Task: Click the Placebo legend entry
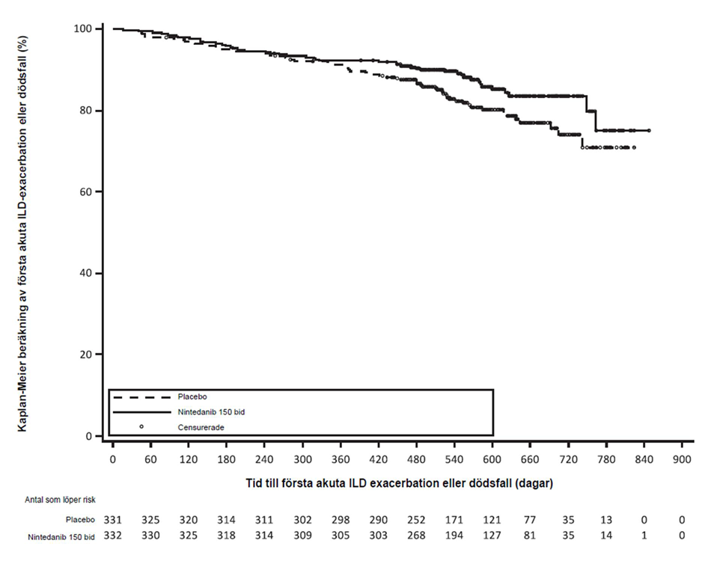pos(192,397)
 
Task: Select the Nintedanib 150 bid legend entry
pos(211,412)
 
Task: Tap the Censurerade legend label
pos(201,428)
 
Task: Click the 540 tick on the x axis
pos(454,460)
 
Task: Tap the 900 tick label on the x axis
pos(682,460)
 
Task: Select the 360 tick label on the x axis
pos(341,460)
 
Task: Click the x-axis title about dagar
pos(399,484)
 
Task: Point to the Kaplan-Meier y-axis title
pos(22,233)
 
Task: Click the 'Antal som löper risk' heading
pos(60,500)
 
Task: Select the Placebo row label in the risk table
pos(80,520)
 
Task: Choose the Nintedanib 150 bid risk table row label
pos(61,537)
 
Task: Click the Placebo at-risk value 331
pos(113,520)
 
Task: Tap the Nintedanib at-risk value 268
pos(416,536)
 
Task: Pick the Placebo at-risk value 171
pos(454,520)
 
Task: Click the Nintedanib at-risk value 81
pos(530,536)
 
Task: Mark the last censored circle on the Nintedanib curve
pos(649,130)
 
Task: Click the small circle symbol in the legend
pos(141,426)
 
